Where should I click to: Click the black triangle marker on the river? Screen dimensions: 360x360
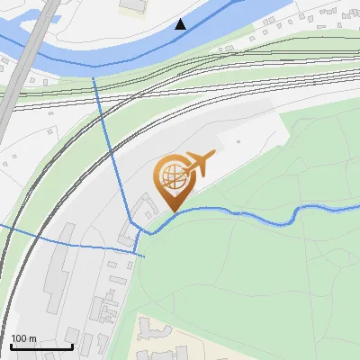(x=181, y=24)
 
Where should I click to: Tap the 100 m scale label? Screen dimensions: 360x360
(x=24, y=338)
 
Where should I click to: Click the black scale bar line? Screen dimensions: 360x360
(x=41, y=346)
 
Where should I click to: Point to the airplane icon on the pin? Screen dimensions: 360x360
(x=199, y=164)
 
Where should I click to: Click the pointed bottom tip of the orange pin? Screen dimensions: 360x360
(x=172, y=211)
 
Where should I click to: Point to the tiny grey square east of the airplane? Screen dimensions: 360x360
(x=238, y=140)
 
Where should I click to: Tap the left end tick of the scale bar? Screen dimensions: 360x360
(x=11, y=345)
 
